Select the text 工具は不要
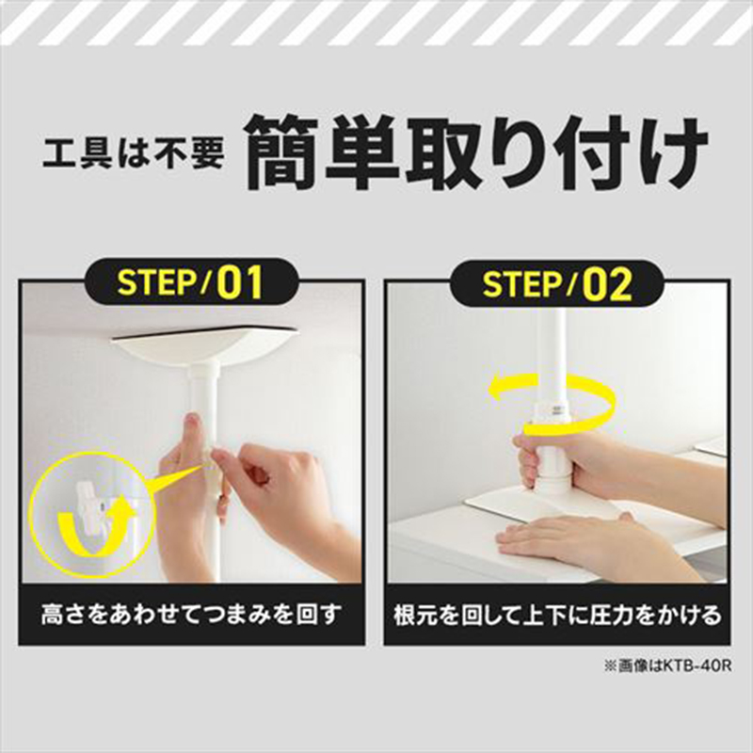click(x=133, y=152)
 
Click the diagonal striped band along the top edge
click(x=376, y=24)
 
